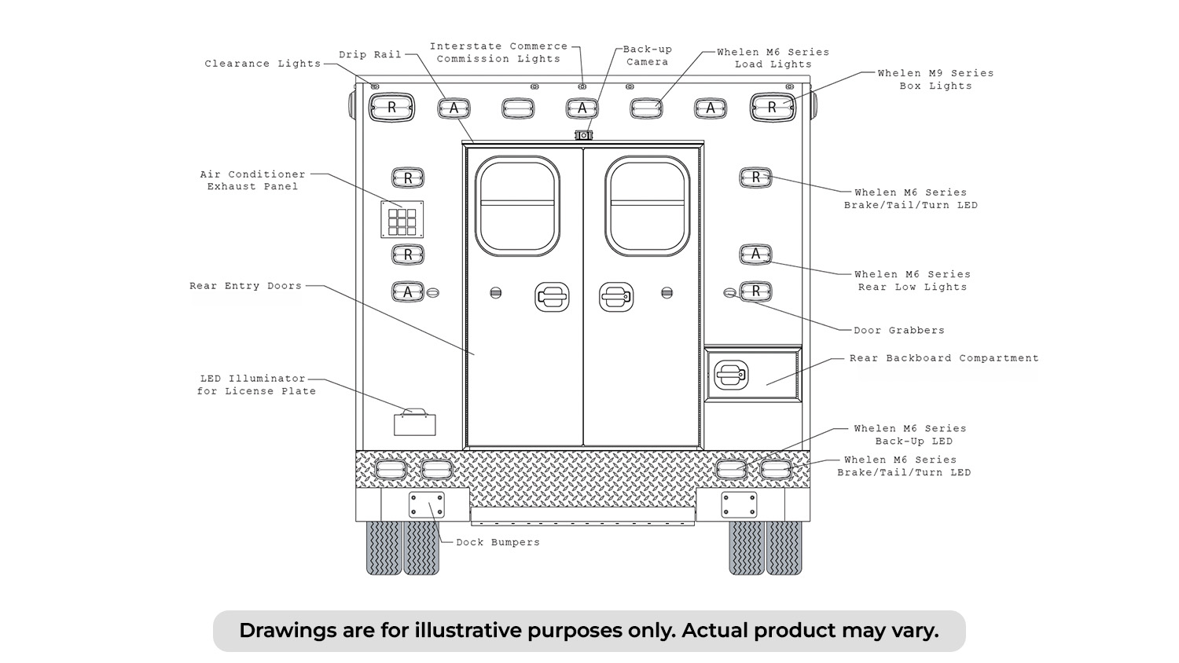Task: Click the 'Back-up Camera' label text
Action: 648,56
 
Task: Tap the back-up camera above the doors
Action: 583,135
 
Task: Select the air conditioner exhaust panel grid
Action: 402,219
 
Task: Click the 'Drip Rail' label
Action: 370,55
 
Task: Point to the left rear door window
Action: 517,206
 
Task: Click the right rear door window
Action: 648,206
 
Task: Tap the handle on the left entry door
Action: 552,297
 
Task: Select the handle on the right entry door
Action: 616,297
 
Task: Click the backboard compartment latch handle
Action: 731,375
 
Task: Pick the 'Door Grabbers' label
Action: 899,331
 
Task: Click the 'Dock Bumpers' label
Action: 498,543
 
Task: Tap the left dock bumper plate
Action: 426,505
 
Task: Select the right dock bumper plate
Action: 739,505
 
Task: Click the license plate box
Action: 415,425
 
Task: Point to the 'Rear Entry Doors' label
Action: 246,286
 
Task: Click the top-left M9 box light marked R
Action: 391,108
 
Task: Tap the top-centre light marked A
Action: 582,108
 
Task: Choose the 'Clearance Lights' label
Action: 263,64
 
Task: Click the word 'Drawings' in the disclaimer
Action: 288,630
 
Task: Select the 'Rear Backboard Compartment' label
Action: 944,358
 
